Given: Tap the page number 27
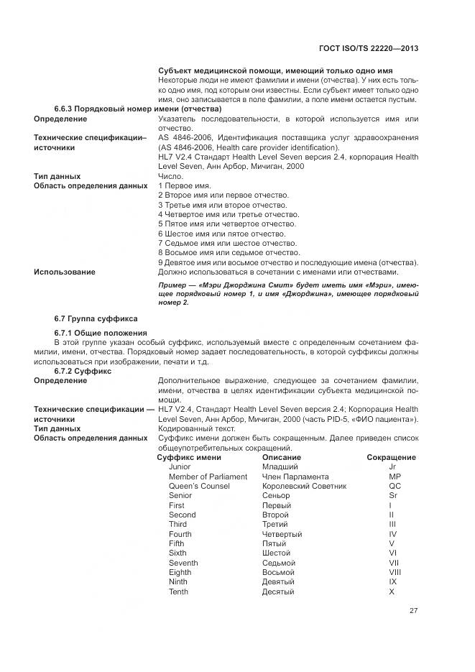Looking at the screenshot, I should point(413,610).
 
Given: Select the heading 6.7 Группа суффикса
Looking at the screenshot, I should point(96,318).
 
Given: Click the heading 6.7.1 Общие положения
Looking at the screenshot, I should point(101,333).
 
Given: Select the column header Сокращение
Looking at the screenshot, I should point(391,457).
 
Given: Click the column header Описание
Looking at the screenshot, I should point(282,457).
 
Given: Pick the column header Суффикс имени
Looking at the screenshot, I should point(189,457).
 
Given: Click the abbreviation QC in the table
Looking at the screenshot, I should point(392,487).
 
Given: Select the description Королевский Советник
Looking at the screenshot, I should point(304,487).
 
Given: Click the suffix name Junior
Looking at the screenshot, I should point(180,467).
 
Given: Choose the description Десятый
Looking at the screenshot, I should point(278,592).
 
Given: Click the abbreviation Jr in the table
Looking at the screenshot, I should point(392,467).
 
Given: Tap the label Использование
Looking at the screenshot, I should point(65,272).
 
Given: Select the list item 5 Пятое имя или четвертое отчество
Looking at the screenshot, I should point(217,224).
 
